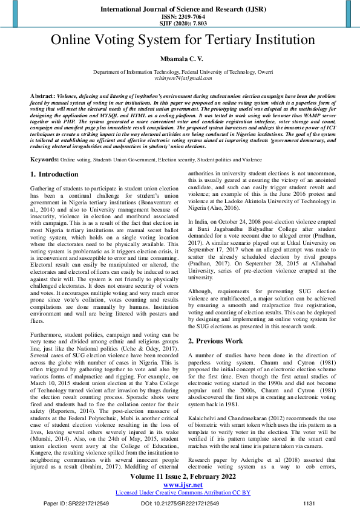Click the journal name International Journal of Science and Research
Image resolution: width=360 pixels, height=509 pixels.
[x=180, y=10]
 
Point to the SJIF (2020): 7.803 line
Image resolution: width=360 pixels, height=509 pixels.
[x=180, y=25]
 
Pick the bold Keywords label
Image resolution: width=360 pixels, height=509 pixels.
[x=44, y=160]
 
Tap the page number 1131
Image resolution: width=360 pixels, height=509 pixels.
[x=309, y=503]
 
